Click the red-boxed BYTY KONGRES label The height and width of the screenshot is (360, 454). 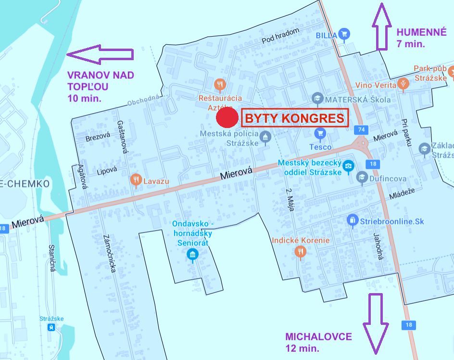(294, 118)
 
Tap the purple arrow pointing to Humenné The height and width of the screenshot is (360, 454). (382, 26)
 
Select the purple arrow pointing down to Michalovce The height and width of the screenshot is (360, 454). (375, 322)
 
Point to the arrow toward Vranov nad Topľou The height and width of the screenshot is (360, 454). (100, 54)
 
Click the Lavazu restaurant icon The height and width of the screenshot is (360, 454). (136, 180)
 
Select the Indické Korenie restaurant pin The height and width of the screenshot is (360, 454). (301, 251)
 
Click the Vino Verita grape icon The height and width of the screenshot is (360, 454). (403, 83)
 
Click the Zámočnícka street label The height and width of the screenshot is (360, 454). (110, 254)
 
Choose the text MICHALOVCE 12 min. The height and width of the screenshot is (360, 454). (318, 342)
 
